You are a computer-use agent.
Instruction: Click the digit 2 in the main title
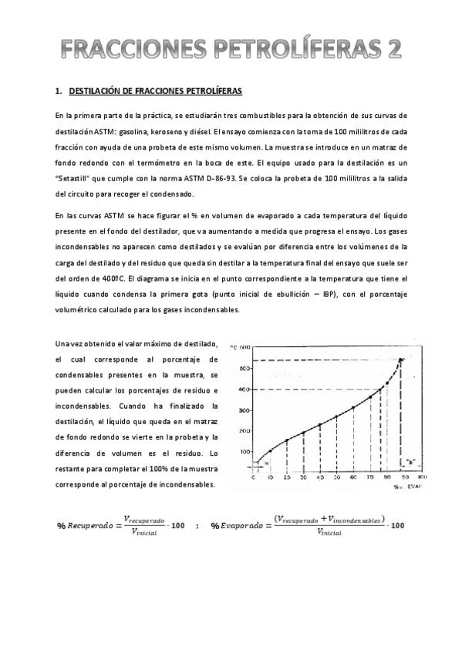coord(393,51)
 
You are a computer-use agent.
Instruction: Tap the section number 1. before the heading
coord(59,92)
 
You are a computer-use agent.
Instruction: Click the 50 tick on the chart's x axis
coord(336,479)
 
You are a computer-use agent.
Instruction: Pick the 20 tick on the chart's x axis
coord(288,479)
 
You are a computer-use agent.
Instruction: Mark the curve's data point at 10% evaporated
coord(271,450)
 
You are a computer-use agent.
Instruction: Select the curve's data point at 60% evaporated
coord(352,407)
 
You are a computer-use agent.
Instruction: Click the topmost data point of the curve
coord(400,359)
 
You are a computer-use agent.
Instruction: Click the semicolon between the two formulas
coord(197,526)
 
